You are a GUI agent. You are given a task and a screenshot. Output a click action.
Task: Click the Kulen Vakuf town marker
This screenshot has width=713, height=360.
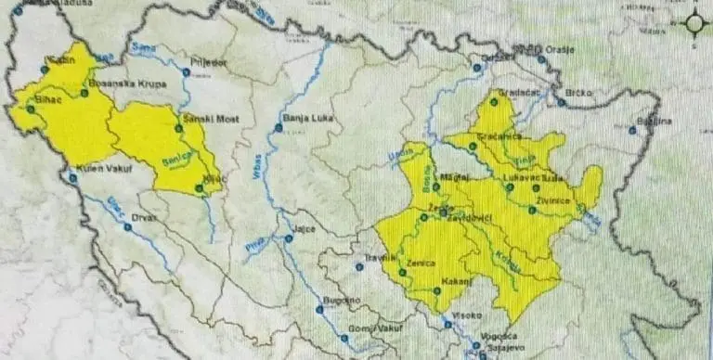[71, 177]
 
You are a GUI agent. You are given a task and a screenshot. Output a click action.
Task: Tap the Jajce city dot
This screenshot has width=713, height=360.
[289, 239]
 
